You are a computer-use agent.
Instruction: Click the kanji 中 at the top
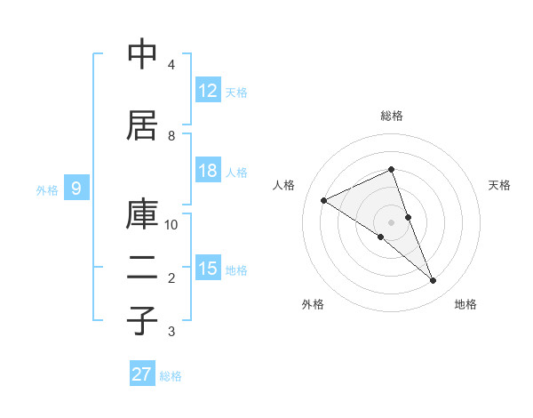(x=142, y=54)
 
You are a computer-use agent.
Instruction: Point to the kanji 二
(x=142, y=271)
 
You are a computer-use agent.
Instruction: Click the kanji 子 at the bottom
(x=142, y=319)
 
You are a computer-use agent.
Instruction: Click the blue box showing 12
(x=208, y=91)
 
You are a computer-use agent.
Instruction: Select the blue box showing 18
(x=208, y=172)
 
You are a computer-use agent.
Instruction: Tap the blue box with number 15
(x=208, y=269)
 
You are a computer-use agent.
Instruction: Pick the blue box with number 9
(x=76, y=189)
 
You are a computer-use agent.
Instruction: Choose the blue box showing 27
(x=142, y=374)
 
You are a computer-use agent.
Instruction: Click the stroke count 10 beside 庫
(x=171, y=225)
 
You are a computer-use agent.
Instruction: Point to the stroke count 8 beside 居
(x=171, y=136)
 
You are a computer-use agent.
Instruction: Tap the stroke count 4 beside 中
(x=171, y=65)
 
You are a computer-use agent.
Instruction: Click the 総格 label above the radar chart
(x=392, y=116)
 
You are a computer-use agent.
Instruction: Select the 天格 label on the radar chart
(x=499, y=185)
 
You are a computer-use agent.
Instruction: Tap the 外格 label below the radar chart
(x=313, y=305)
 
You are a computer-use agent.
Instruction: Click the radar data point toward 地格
(x=434, y=281)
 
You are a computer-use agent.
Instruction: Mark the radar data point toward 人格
(x=324, y=200)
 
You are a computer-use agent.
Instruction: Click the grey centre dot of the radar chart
(x=391, y=221)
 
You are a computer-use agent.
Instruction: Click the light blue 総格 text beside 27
(x=171, y=376)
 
